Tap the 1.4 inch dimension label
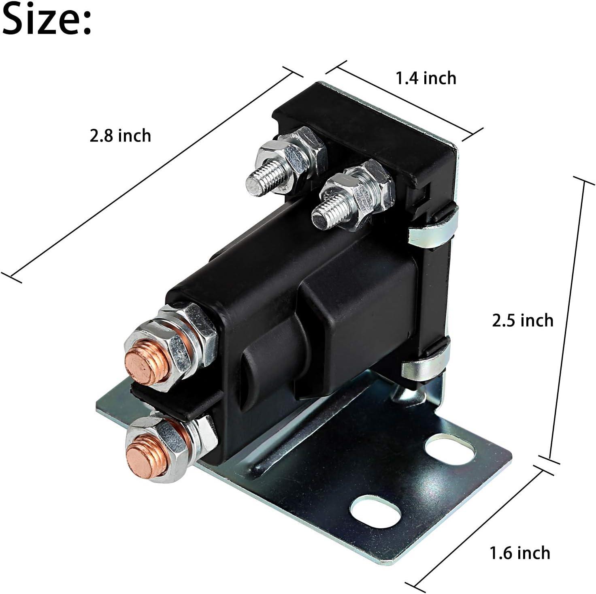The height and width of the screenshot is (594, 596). [x=426, y=78]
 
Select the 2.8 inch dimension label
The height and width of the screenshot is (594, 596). [x=120, y=136]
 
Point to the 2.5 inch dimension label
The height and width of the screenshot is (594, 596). [x=522, y=321]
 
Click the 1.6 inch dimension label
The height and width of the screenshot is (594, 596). [x=520, y=553]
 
